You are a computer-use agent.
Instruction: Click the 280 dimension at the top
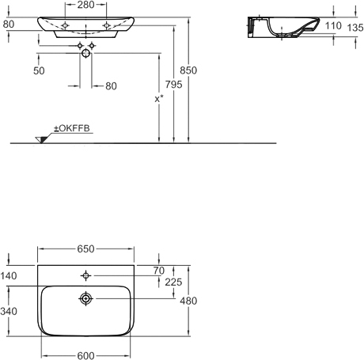[x=85, y=5]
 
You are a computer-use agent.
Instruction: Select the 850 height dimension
[x=188, y=70]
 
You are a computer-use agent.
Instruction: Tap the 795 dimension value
[x=173, y=85]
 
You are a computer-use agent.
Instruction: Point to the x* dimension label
[x=159, y=99]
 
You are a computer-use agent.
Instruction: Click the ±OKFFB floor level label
[x=72, y=128]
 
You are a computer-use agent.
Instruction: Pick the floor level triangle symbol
[x=41, y=140]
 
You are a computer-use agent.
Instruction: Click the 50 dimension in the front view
[x=39, y=70]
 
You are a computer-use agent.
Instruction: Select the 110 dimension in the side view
[x=333, y=26]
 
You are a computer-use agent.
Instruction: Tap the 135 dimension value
[x=355, y=28]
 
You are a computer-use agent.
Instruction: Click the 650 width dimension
[x=85, y=249]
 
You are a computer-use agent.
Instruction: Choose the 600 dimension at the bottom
[x=85, y=355]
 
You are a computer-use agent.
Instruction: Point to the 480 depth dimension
[x=188, y=301]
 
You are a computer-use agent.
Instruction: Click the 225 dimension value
[x=173, y=282]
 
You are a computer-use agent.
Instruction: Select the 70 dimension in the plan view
[x=159, y=271]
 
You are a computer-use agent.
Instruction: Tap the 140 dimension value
[x=9, y=276]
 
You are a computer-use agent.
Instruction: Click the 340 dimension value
[x=9, y=311]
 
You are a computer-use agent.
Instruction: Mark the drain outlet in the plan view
[x=85, y=298]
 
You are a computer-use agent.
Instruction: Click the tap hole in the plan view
[x=85, y=275]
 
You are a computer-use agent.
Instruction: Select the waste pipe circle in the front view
[x=85, y=53]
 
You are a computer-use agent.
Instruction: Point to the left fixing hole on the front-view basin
[x=65, y=25]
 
